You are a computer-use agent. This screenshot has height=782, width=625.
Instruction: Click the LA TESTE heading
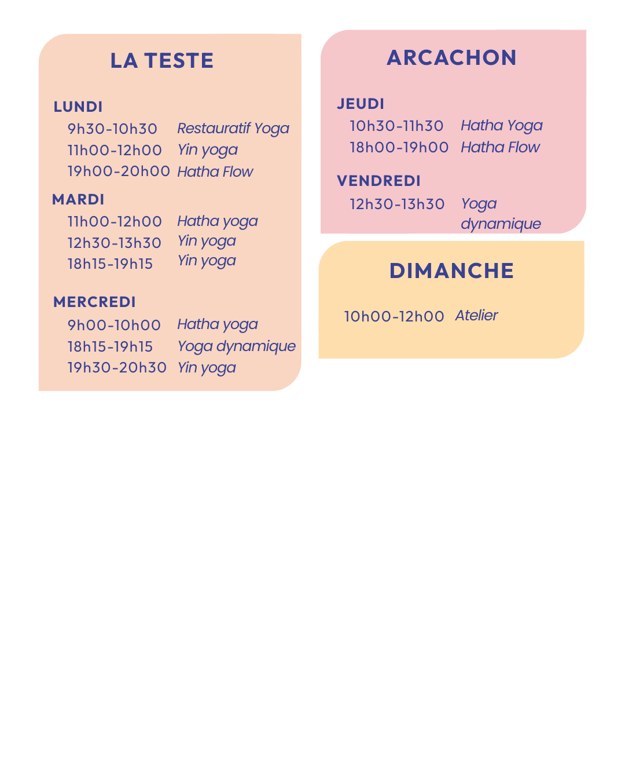162,61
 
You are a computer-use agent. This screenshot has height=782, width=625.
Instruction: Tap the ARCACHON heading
451,58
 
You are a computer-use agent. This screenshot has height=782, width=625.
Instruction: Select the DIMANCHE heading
451,271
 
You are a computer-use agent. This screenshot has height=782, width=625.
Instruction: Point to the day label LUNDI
78,107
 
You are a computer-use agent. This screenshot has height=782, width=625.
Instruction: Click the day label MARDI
78,200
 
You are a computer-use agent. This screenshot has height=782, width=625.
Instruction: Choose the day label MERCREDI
94,302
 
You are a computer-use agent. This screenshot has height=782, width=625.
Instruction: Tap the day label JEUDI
361,104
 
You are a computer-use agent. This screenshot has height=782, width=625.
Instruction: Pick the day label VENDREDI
378,181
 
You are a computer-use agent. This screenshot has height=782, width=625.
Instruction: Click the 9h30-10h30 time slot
112,129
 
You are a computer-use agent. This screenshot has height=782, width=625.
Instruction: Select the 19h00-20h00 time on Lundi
119,171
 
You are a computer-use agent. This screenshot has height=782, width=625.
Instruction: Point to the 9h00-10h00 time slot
114,325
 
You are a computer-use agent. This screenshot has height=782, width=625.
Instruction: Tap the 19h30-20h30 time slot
117,368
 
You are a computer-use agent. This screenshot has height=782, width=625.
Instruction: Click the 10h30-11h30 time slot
396,126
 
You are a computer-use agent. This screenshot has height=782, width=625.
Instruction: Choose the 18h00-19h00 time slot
399,148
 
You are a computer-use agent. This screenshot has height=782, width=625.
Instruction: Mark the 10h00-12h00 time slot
394,317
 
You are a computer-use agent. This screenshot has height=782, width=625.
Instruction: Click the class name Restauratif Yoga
233,129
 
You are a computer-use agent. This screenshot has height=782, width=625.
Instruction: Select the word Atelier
476,316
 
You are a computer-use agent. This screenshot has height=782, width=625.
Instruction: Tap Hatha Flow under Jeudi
500,148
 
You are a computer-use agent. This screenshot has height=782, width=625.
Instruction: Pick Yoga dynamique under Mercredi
236,346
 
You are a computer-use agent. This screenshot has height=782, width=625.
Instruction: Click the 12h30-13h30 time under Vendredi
397,204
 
